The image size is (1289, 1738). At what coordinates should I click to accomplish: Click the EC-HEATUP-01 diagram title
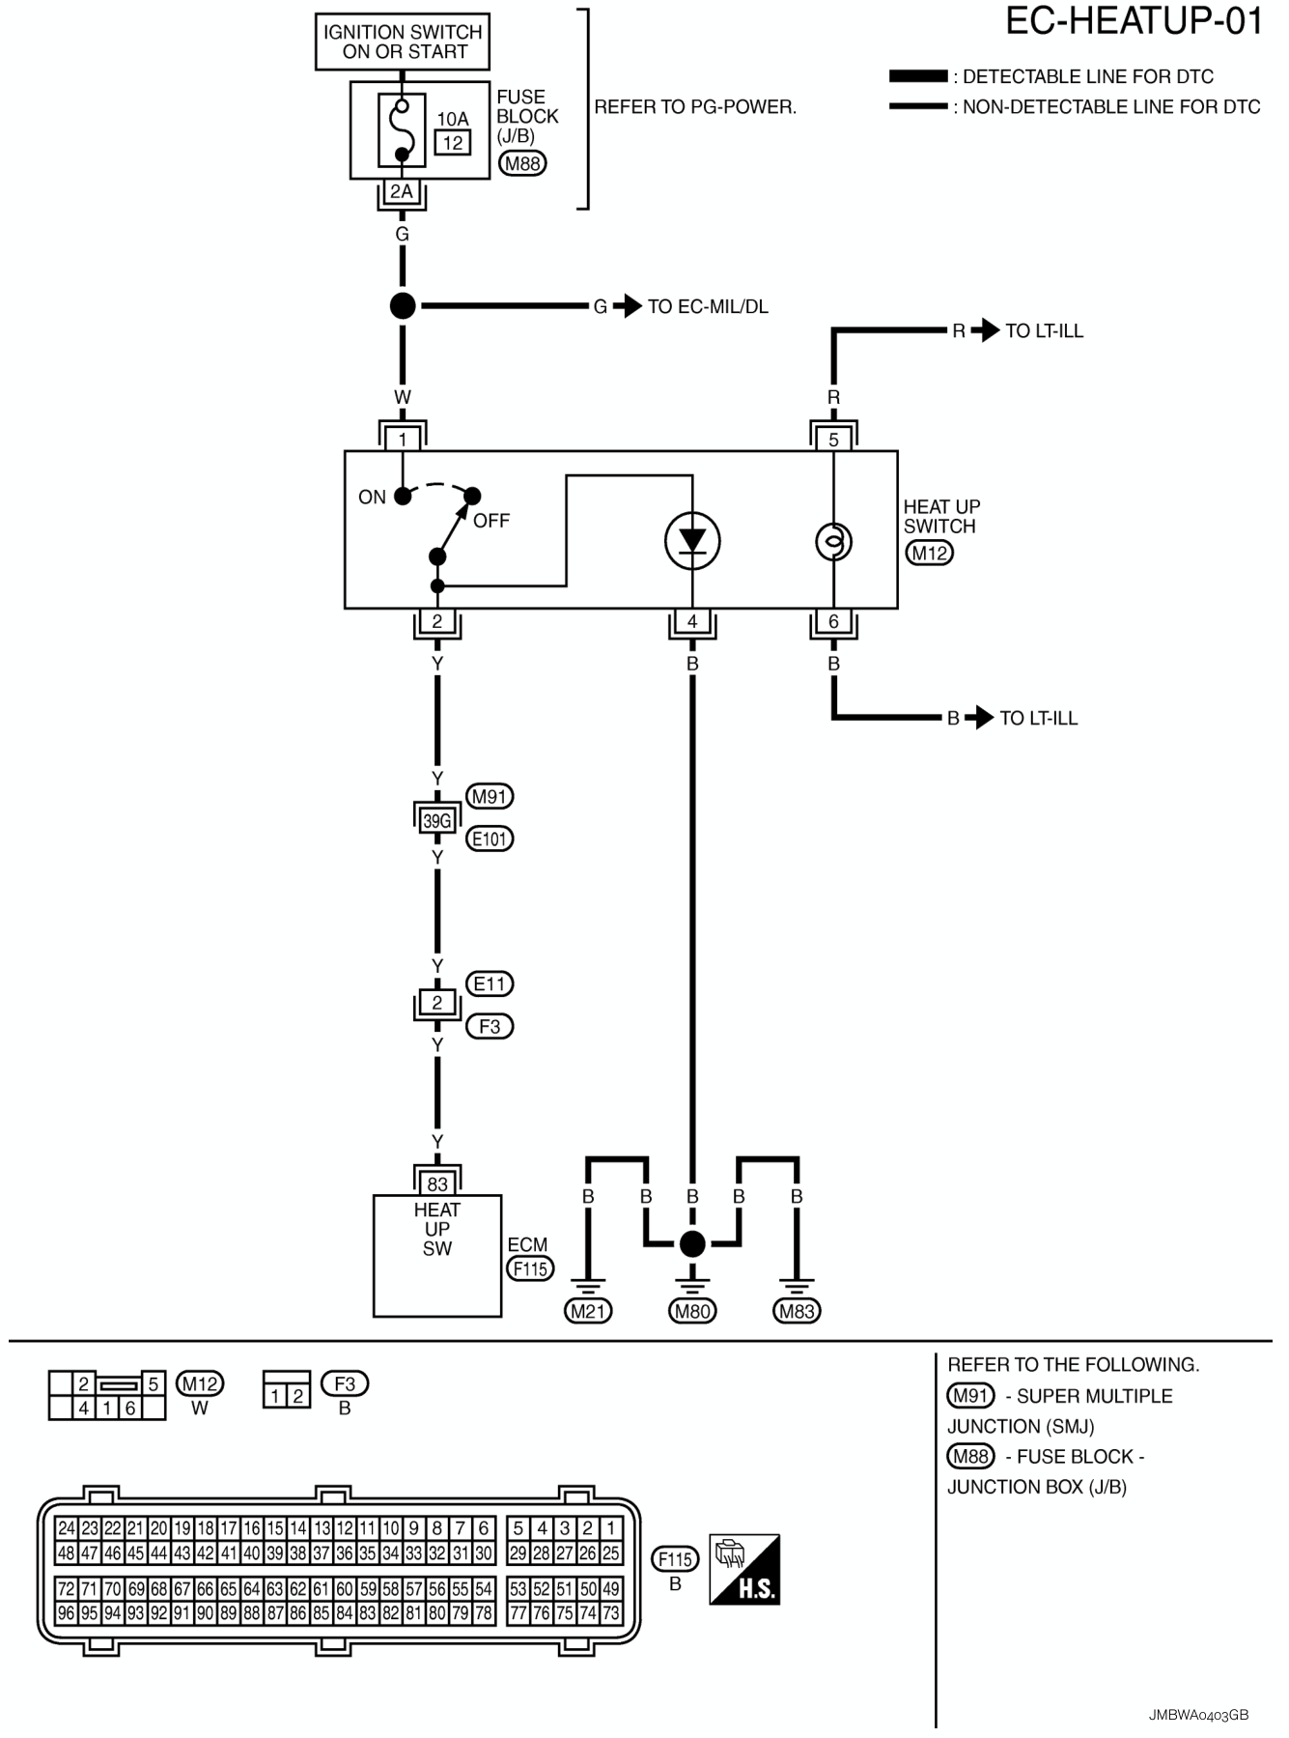pyautogui.click(x=1134, y=20)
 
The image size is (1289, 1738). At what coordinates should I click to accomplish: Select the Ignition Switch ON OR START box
pyautogui.click(x=403, y=42)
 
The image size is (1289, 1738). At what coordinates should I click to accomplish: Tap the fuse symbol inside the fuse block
pyautogui.click(x=402, y=129)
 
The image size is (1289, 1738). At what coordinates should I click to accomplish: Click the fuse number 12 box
pyautogui.click(x=452, y=143)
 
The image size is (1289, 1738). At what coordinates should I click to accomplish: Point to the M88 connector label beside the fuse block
pyautogui.click(x=522, y=163)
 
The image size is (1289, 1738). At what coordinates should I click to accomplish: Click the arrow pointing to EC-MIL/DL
pyautogui.click(x=628, y=306)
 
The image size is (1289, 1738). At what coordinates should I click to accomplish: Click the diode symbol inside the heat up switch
pyautogui.click(x=692, y=541)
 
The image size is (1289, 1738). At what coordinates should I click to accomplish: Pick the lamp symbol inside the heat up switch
pyautogui.click(x=833, y=541)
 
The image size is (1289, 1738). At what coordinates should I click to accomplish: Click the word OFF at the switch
pyautogui.click(x=491, y=521)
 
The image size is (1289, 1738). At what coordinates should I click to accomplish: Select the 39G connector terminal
pyautogui.click(x=436, y=820)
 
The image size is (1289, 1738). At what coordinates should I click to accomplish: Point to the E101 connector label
pyautogui.click(x=490, y=839)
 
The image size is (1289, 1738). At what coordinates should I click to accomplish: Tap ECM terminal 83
pyautogui.click(x=437, y=1183)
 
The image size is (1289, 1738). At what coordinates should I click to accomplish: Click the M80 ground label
pyautogui.click(x=692, y=1311)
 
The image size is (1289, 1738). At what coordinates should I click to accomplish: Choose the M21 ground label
pyautogui.click(x=588, y=1311)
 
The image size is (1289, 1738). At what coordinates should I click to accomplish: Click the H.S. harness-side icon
pyautogui.click(x=744, y=1569)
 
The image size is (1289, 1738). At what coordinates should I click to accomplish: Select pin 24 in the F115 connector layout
pyautogui.click(x=66, y=1527)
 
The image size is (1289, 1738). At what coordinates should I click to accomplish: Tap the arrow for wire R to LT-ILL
pyautogui.click(x=985, y=330)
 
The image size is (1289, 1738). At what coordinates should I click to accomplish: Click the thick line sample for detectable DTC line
pyautogui.click(x=918, y=76)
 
